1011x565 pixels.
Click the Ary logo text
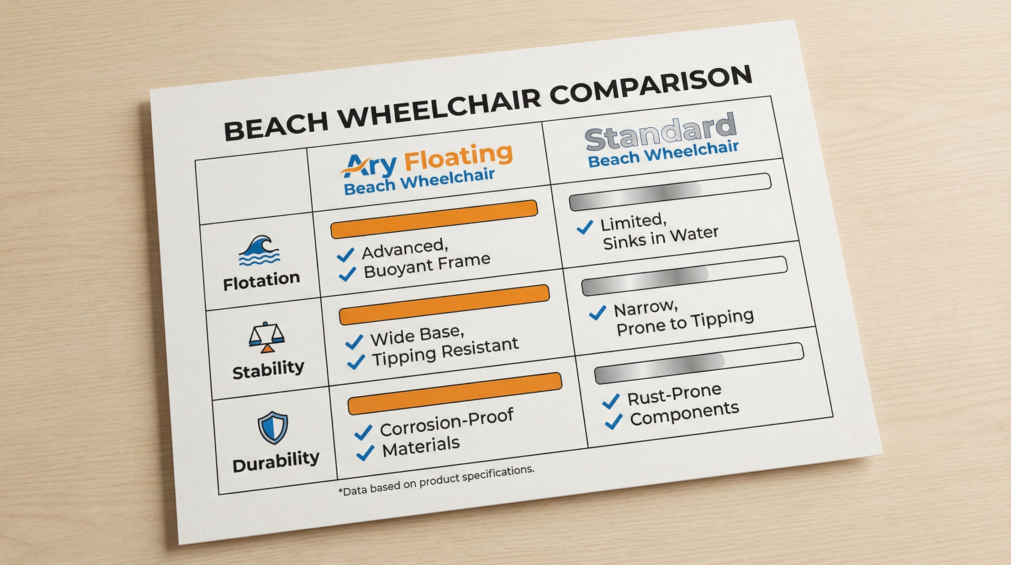tap(369, 166)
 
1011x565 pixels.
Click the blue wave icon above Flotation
tap(259, 251)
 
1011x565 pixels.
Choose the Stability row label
tap(269, 370)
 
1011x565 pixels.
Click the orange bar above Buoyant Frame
tap(434, 219)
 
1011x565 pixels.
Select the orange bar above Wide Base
tap(444, 305)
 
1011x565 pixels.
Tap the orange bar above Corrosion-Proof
tap(455, 393)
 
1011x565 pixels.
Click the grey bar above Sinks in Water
tap(670, 191)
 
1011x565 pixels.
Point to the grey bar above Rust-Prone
tap(699, 363)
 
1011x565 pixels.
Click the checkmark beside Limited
tap(585, 227)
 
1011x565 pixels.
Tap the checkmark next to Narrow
tap(598, 312)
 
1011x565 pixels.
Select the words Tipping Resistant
tap(445, 351)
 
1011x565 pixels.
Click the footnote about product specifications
tap(436, 480)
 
